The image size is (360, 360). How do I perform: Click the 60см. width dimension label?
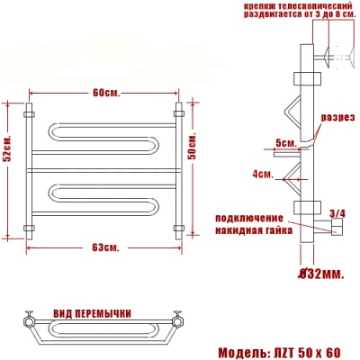105,94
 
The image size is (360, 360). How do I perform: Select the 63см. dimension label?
105,247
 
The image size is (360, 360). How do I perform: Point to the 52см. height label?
6,154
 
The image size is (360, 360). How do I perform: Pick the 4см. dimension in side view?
263,173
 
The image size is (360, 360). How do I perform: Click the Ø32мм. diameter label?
319,273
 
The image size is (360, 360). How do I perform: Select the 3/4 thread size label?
337,213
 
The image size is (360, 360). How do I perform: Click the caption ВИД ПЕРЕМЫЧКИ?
92,312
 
